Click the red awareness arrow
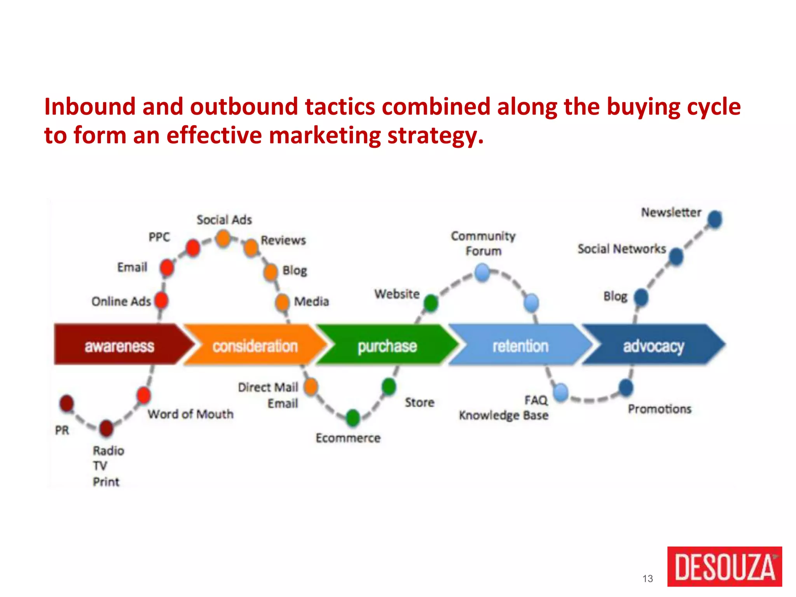point(119,345)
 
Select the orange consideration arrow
point(255,345)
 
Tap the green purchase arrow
point(387,345)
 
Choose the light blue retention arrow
point(520,345)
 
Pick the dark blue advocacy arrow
point(653,345)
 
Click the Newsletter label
point(671,213)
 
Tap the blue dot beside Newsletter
point(715,219)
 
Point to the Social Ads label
point(224,220)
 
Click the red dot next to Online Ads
point(161,300)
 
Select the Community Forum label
point(483,243)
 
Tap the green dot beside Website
point(431,303)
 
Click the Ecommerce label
point(348,438)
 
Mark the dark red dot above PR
point(67,403)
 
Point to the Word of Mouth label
point(190,414)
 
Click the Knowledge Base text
point(503,415)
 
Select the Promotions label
point(660,409)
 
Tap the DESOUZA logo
point(724,566)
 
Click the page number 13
point(648,579)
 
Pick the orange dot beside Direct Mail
point(311,387)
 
